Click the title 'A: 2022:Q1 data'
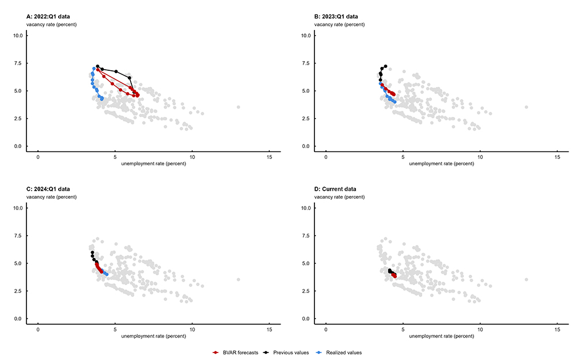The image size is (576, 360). [x=48, y=17]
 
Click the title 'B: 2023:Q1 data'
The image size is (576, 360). [x=336, y=17]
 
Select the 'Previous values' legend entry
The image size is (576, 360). [x=286, y=352]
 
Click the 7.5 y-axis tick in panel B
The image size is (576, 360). [x=306, y=63]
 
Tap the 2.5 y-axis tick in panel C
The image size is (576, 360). [x=18, y=291]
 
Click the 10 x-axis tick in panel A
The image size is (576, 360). [x=192, y=158]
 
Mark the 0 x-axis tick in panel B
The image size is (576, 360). [x=326, y=158]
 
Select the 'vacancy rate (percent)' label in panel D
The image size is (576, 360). [x=339, y=197]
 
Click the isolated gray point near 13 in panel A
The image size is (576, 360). [x=238, y=107]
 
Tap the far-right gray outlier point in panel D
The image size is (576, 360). [x=526, y=279]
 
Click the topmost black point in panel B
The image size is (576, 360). [x=385, y=66]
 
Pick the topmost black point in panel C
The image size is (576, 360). [x=92, y=252]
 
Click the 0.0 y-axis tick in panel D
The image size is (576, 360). [x=306, y=319]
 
